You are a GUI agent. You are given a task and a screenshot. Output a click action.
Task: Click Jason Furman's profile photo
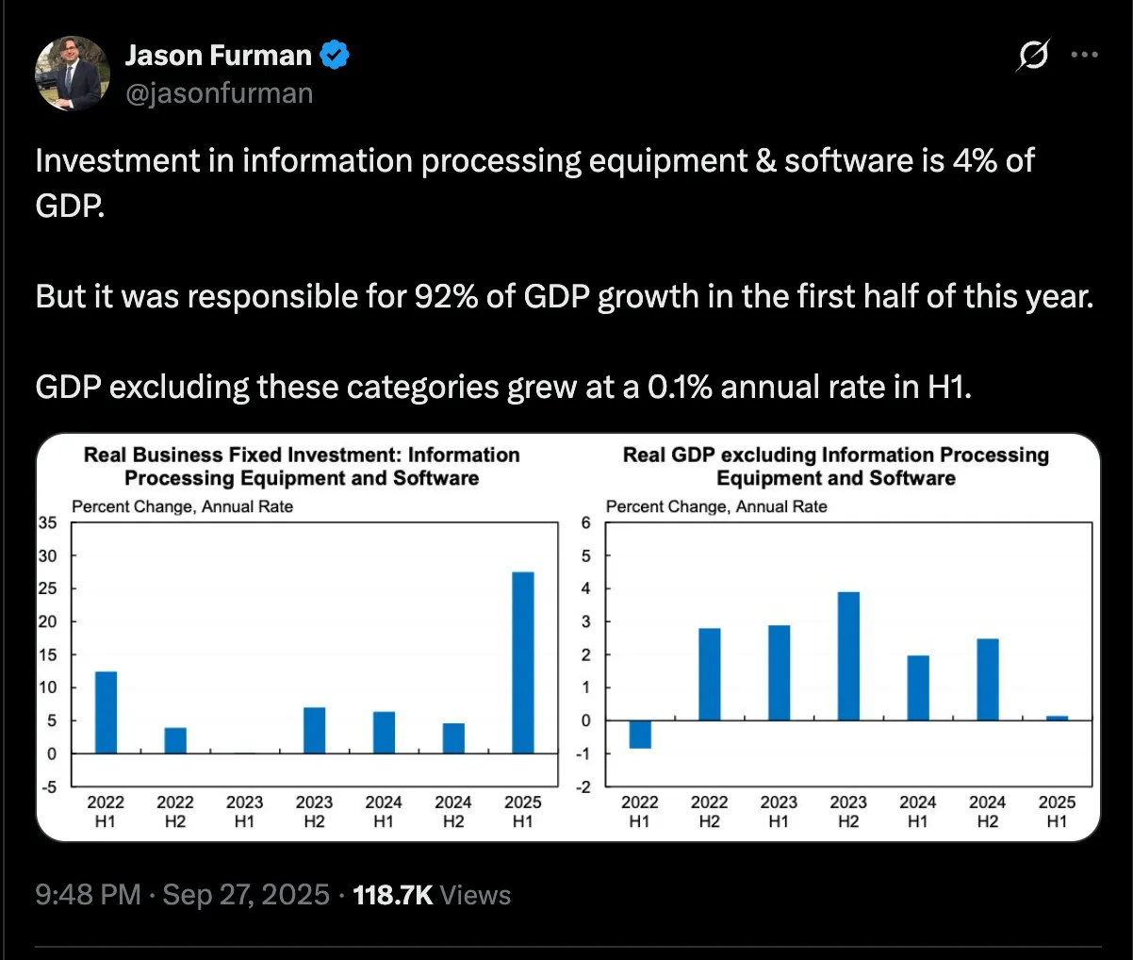tap(73, 74)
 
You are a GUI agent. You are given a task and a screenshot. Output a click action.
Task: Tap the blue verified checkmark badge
tap(335, 56)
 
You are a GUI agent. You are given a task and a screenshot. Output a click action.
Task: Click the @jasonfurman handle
tap(219, 93)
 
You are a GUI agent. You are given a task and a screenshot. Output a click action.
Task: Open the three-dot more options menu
tap(1085, 56)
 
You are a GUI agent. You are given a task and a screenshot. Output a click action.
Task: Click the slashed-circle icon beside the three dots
tap(1033, 56)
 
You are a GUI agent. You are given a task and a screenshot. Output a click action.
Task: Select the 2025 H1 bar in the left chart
tap(522, 662)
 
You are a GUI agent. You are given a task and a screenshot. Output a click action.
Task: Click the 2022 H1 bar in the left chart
tap(106, 712)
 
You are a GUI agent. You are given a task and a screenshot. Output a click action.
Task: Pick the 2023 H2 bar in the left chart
tap(314, 730)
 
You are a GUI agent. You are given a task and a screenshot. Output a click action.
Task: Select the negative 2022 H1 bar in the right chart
tap(640, 734)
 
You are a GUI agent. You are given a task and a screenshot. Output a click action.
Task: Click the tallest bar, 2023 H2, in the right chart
tap(848, 655)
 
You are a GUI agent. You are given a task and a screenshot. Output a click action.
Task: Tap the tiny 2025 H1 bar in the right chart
tap(1057, 718)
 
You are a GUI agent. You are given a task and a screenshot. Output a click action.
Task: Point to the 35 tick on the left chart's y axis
tap(47, 522)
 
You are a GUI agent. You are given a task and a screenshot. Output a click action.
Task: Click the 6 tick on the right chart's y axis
tap(585, 522)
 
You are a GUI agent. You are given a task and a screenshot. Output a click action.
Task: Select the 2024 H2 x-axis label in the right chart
tap(987, 811)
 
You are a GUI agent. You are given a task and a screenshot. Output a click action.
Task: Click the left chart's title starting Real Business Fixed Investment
tap(302, 466)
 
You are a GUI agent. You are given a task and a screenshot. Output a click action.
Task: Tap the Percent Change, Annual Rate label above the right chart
tap(716, 506)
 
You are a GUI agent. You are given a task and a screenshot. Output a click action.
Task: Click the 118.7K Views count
tap(431, 895)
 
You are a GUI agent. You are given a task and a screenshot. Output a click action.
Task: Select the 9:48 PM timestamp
tap(88, 895)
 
